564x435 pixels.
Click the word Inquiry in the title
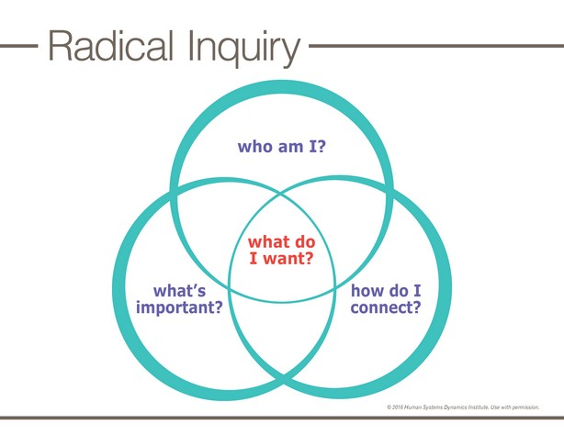243,49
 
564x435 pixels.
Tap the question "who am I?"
282,146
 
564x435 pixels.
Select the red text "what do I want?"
282,250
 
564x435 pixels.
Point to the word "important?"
179,307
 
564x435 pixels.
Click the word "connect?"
386,307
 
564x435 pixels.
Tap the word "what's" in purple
179,291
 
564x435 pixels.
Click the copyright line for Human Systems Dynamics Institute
463,407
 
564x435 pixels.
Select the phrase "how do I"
386,291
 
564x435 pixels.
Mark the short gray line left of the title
18,46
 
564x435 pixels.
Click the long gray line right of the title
436,46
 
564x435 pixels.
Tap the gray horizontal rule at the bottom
282,418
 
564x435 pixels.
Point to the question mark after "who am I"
321,146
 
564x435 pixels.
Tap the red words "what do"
282,241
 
